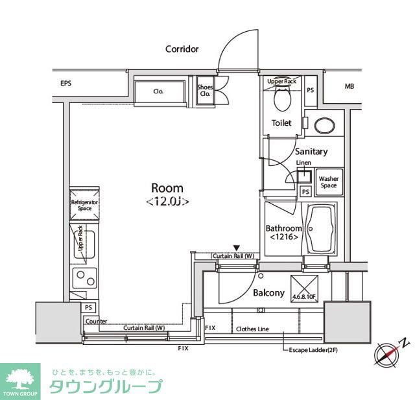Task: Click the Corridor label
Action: point(182,49)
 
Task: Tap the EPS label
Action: point(66,84)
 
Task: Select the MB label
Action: point(350,86)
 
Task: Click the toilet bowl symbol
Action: point(282,98)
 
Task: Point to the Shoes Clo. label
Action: point(205,91)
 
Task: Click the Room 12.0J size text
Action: point(167,201)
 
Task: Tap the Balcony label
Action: point(268,292)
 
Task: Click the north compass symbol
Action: point(388,353)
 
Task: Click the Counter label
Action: point(96,321)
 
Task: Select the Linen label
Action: point(303,162)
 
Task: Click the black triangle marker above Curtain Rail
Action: point(237,248)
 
